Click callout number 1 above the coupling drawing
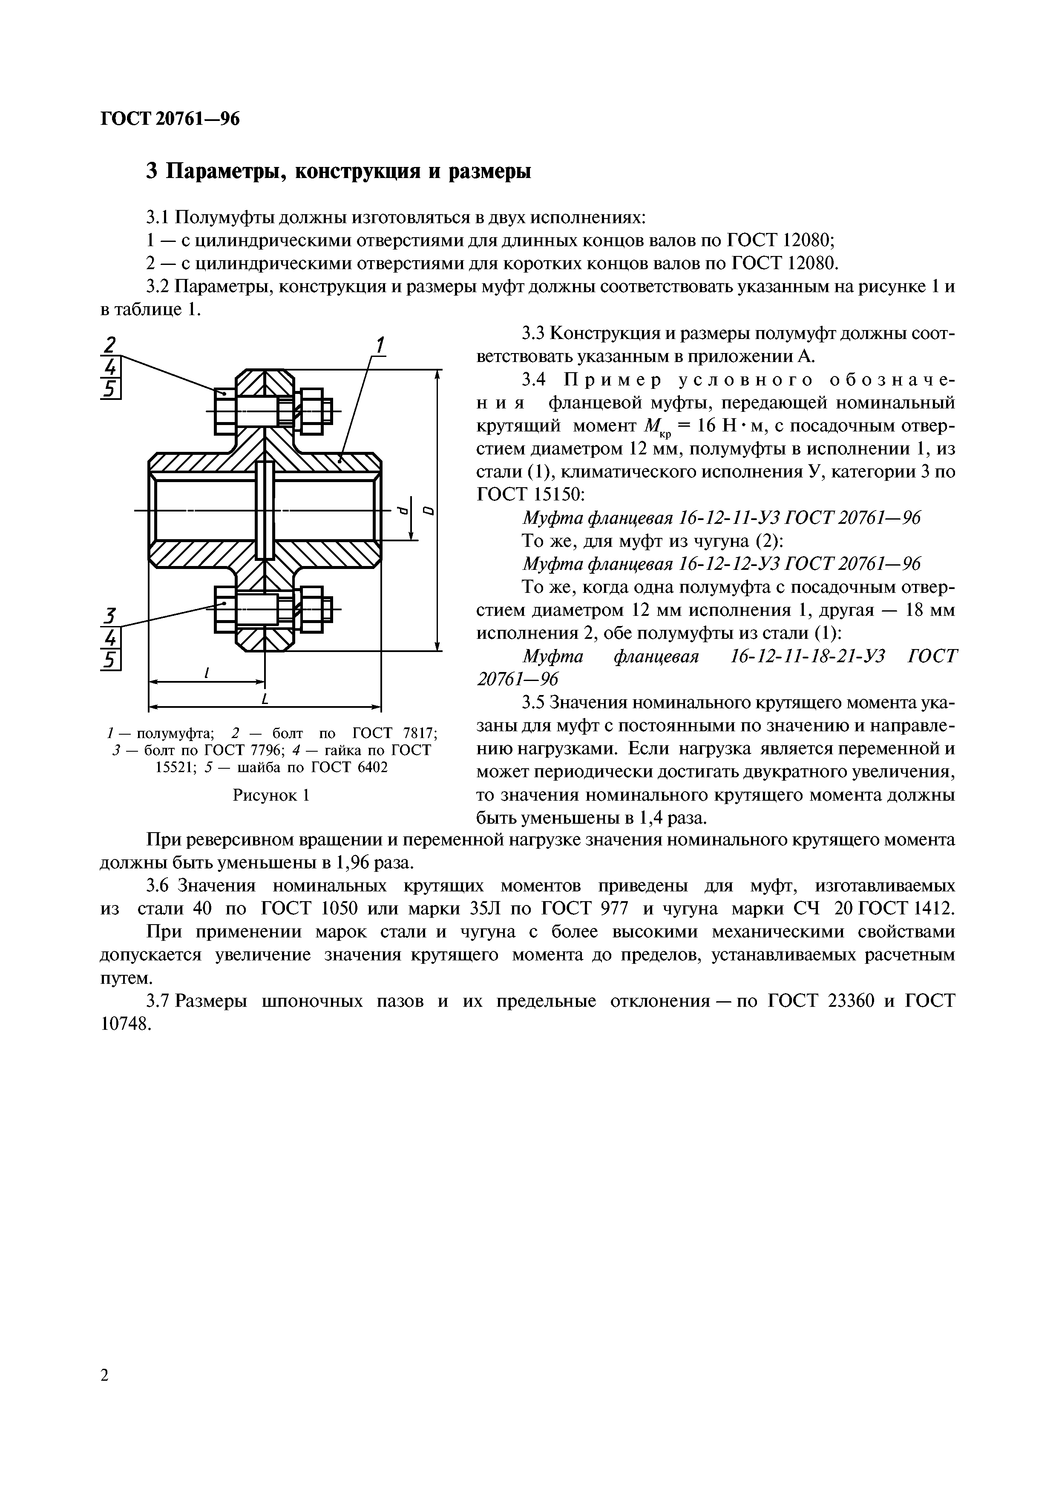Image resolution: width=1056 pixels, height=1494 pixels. tap(379, 345)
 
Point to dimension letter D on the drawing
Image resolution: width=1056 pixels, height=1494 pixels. tap(428, 510)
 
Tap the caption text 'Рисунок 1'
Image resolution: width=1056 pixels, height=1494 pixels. tap(270, 795)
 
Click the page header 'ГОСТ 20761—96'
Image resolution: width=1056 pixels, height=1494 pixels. tap(170, 119)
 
